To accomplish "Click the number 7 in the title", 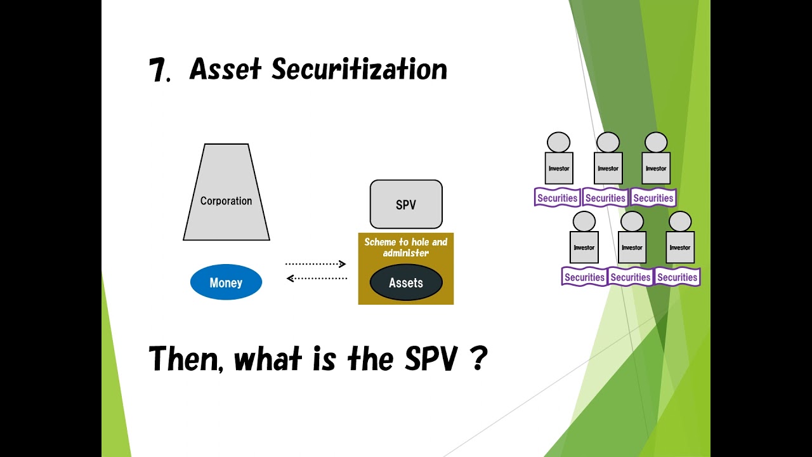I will click(158, 70).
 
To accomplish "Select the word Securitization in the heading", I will click(359, 69).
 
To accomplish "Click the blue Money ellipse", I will click(226, 282).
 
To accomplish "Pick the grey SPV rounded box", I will click(406, 204).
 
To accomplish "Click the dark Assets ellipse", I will click(406, 283).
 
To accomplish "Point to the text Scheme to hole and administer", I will click(406, 248).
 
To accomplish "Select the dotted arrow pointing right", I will click(315, 264).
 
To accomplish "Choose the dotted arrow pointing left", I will click(317, 278).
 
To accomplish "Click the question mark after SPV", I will click(479, 359).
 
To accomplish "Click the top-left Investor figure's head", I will click(559, 142).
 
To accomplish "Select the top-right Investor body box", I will click(656, 168).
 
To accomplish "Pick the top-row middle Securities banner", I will click(606, 198).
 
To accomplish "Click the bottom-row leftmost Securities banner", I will click(584, 277).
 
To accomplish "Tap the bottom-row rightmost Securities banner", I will click(678, 277).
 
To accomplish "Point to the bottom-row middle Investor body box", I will click(632, 248).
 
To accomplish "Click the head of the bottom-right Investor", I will click(680, 222).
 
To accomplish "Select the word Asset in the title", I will click(225, 69).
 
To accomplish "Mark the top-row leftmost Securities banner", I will click(558, 198).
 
